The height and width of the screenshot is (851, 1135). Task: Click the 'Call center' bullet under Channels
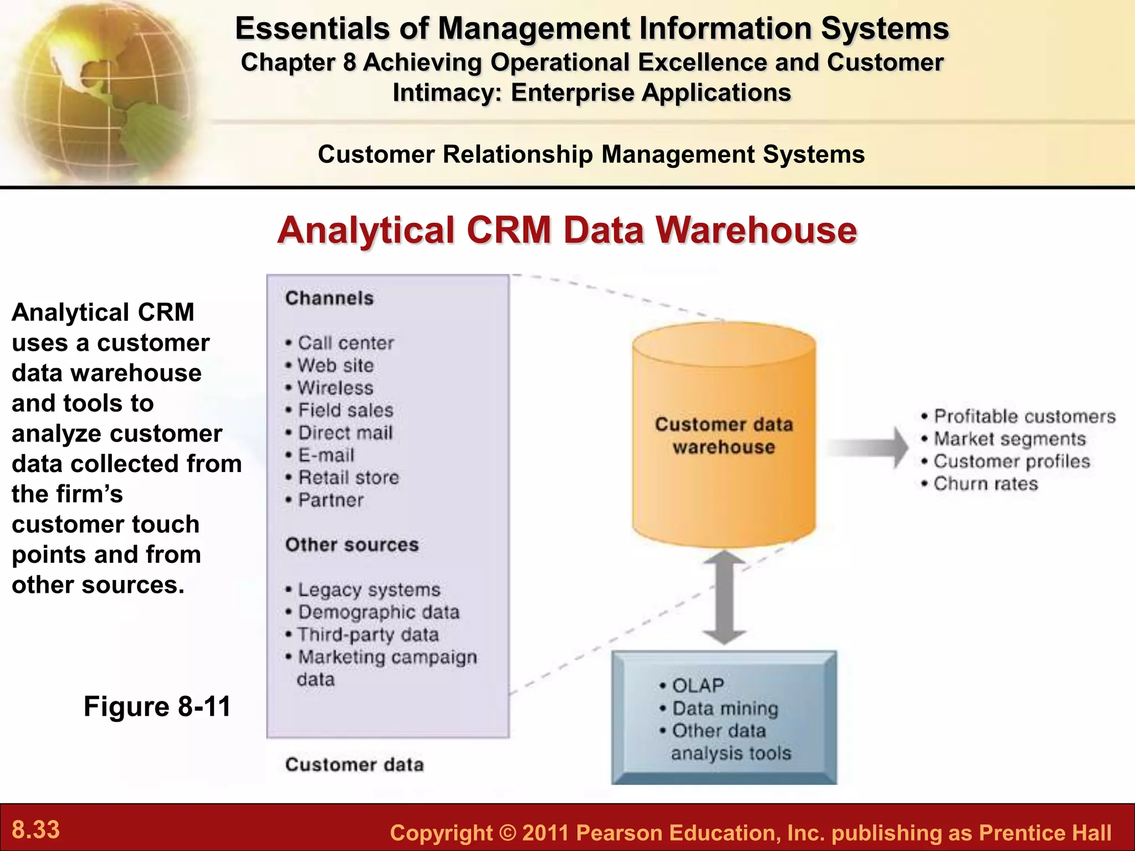coord(345,343)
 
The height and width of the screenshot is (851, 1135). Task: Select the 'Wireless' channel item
coord(335,388)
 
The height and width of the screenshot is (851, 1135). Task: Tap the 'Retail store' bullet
coord(348,478)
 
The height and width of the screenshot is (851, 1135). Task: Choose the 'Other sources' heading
coord(352,545)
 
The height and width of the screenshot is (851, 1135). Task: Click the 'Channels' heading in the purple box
coord(329,298)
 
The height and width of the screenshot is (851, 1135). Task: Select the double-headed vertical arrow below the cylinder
coord(724,597)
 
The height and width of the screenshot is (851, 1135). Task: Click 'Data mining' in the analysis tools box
coord(725,708)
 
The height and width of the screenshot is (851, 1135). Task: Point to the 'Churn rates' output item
coord(985,484)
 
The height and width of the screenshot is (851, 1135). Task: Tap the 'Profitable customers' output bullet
coord(1024,416)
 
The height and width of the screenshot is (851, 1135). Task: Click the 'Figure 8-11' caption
coord(157,706)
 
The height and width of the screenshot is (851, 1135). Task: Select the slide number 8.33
coord(36,829)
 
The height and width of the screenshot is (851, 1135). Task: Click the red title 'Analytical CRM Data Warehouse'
coord(567,230)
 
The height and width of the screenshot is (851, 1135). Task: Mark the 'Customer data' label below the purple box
coord(354,765)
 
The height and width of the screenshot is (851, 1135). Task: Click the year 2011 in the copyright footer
coord(546,833)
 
